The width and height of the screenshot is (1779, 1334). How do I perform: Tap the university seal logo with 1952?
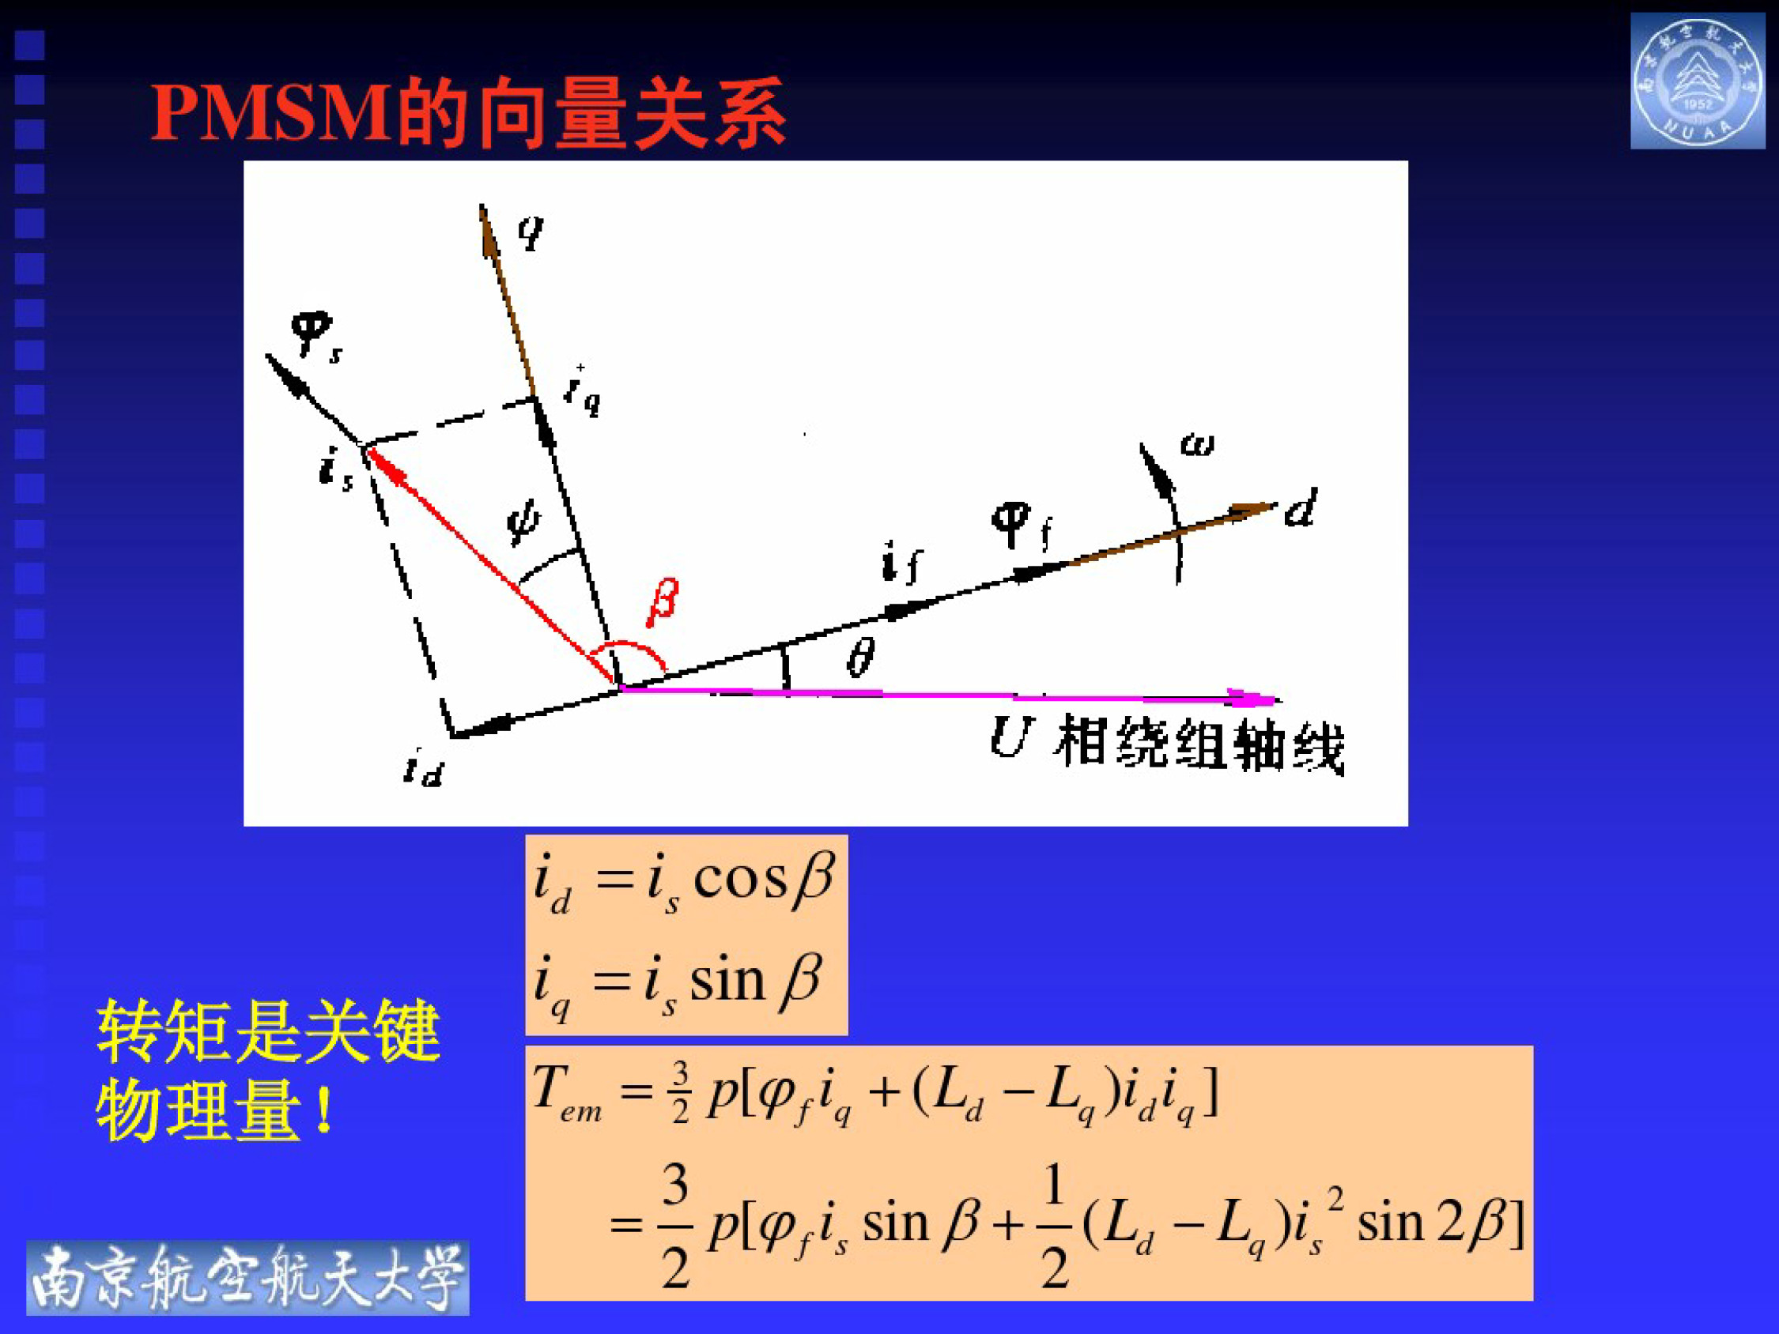[1697, 81]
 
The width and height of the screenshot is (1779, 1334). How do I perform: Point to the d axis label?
[1300, 508]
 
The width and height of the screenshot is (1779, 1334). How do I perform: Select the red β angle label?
[663, 601]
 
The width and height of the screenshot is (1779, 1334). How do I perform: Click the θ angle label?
[859, 658]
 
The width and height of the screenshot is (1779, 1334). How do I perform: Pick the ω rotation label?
[1197, 444]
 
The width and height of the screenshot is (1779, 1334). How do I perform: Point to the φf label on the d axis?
[1020, 524]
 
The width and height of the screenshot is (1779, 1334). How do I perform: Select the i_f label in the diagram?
[901, 561]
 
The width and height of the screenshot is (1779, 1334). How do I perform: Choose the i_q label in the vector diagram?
[582, 390]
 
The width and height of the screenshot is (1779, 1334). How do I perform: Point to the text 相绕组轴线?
[1199, 744]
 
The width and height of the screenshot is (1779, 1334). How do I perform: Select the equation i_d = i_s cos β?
[686, 883]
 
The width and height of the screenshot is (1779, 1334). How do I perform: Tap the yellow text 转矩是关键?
[269, 1031]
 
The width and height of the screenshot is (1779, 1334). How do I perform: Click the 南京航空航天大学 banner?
[247, 1279]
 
